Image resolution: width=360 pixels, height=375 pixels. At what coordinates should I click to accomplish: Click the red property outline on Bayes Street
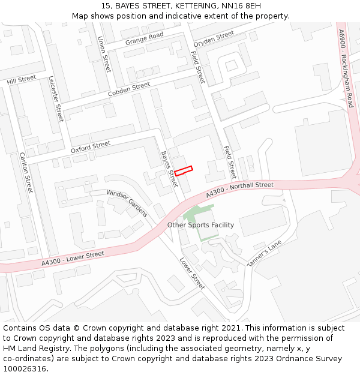click(x=183, y=170)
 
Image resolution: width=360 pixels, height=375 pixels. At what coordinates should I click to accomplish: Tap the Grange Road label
click(x=144, y=39)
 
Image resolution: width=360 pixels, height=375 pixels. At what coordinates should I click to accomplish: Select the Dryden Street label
click(x=214, y=38)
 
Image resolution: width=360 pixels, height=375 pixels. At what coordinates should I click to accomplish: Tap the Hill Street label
click(x=22, y=80)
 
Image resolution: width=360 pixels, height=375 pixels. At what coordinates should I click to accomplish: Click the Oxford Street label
click(x=91, y=146)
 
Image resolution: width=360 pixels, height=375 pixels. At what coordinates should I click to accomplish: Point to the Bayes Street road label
click(x=169, y=169)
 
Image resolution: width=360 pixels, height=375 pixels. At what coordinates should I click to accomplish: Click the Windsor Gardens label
click(x=127, y=203)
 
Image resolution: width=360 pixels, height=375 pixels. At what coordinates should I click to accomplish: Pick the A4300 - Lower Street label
click(x=73, y=259)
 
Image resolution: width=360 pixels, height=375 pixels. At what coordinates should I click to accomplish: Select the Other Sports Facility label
click(x=200, y=225)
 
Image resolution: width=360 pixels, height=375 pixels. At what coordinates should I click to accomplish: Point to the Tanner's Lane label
click(x=264, y=254)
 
